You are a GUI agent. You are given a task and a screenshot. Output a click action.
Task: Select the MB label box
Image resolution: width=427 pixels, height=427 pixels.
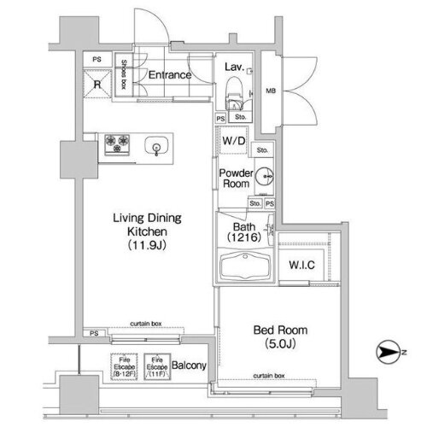(271, 90)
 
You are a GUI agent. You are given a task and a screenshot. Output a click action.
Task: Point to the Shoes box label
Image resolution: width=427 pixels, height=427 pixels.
(124, 74)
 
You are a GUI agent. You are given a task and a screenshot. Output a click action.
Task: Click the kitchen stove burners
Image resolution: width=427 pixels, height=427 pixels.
(116, 143)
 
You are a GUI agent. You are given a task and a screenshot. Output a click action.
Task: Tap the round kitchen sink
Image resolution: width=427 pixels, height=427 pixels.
(158, 144)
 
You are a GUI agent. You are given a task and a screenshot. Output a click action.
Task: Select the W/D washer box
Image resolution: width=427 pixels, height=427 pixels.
(231, 142)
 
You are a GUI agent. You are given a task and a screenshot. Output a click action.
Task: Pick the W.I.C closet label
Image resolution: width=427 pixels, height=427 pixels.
(300, 264)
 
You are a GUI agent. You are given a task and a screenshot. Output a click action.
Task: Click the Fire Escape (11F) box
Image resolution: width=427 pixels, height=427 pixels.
(155, 366)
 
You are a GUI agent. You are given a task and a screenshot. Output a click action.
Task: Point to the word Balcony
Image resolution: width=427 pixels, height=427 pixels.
(190, 366)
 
